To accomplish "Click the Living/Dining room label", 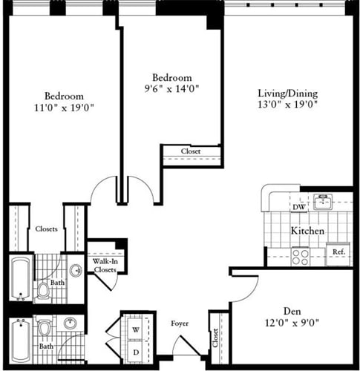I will (x=287, y=93).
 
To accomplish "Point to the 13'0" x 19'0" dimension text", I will (x=287, y=105).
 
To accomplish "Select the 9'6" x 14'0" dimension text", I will (x=171, y=89).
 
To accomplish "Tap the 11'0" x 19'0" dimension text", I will (x=64, y=107).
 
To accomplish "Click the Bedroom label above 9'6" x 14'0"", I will (x=171, y=78).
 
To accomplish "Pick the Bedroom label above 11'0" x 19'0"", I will (x=64, y=96).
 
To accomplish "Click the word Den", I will (x=291, y=310).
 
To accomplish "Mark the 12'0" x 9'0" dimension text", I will (x=291, y=322).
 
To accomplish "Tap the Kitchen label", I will (x=307, y=231).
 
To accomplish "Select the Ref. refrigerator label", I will (x=338, y=252).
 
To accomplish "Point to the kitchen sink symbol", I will (x=321, y=201).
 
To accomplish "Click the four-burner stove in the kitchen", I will (x=301, y=255).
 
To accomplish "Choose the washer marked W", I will (x=136, y=329).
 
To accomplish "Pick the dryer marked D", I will (x=136, y=350).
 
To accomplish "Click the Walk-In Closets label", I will (x=104, y=266).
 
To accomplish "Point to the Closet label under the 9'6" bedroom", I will (x=192, y=151).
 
